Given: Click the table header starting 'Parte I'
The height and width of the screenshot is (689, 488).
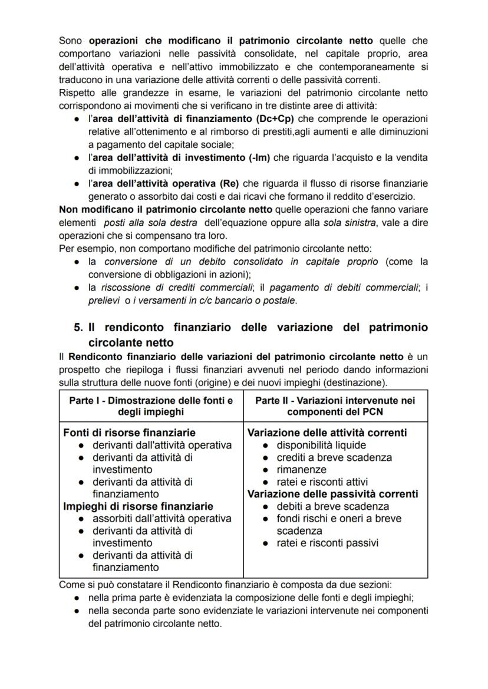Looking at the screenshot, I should tap(151, 406).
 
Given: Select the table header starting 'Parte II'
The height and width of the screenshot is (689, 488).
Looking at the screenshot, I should tap(335, 406).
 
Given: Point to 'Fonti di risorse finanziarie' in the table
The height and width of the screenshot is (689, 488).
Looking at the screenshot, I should tap(129, 433).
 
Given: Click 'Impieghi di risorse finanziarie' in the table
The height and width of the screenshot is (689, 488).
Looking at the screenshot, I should tap(138, 506).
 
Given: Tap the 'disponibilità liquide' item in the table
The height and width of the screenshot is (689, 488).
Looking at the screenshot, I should tap(321, 445).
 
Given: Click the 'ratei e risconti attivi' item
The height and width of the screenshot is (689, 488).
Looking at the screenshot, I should tap(322, 482).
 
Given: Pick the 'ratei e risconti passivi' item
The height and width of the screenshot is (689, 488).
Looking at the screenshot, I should tap(327, 543).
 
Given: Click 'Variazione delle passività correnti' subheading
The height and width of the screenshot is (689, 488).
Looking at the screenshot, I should tap(332, 494).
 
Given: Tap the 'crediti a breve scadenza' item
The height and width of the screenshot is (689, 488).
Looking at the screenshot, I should tap(334, 457).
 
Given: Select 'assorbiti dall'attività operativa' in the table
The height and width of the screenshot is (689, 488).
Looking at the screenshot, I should tap(161, 519).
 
